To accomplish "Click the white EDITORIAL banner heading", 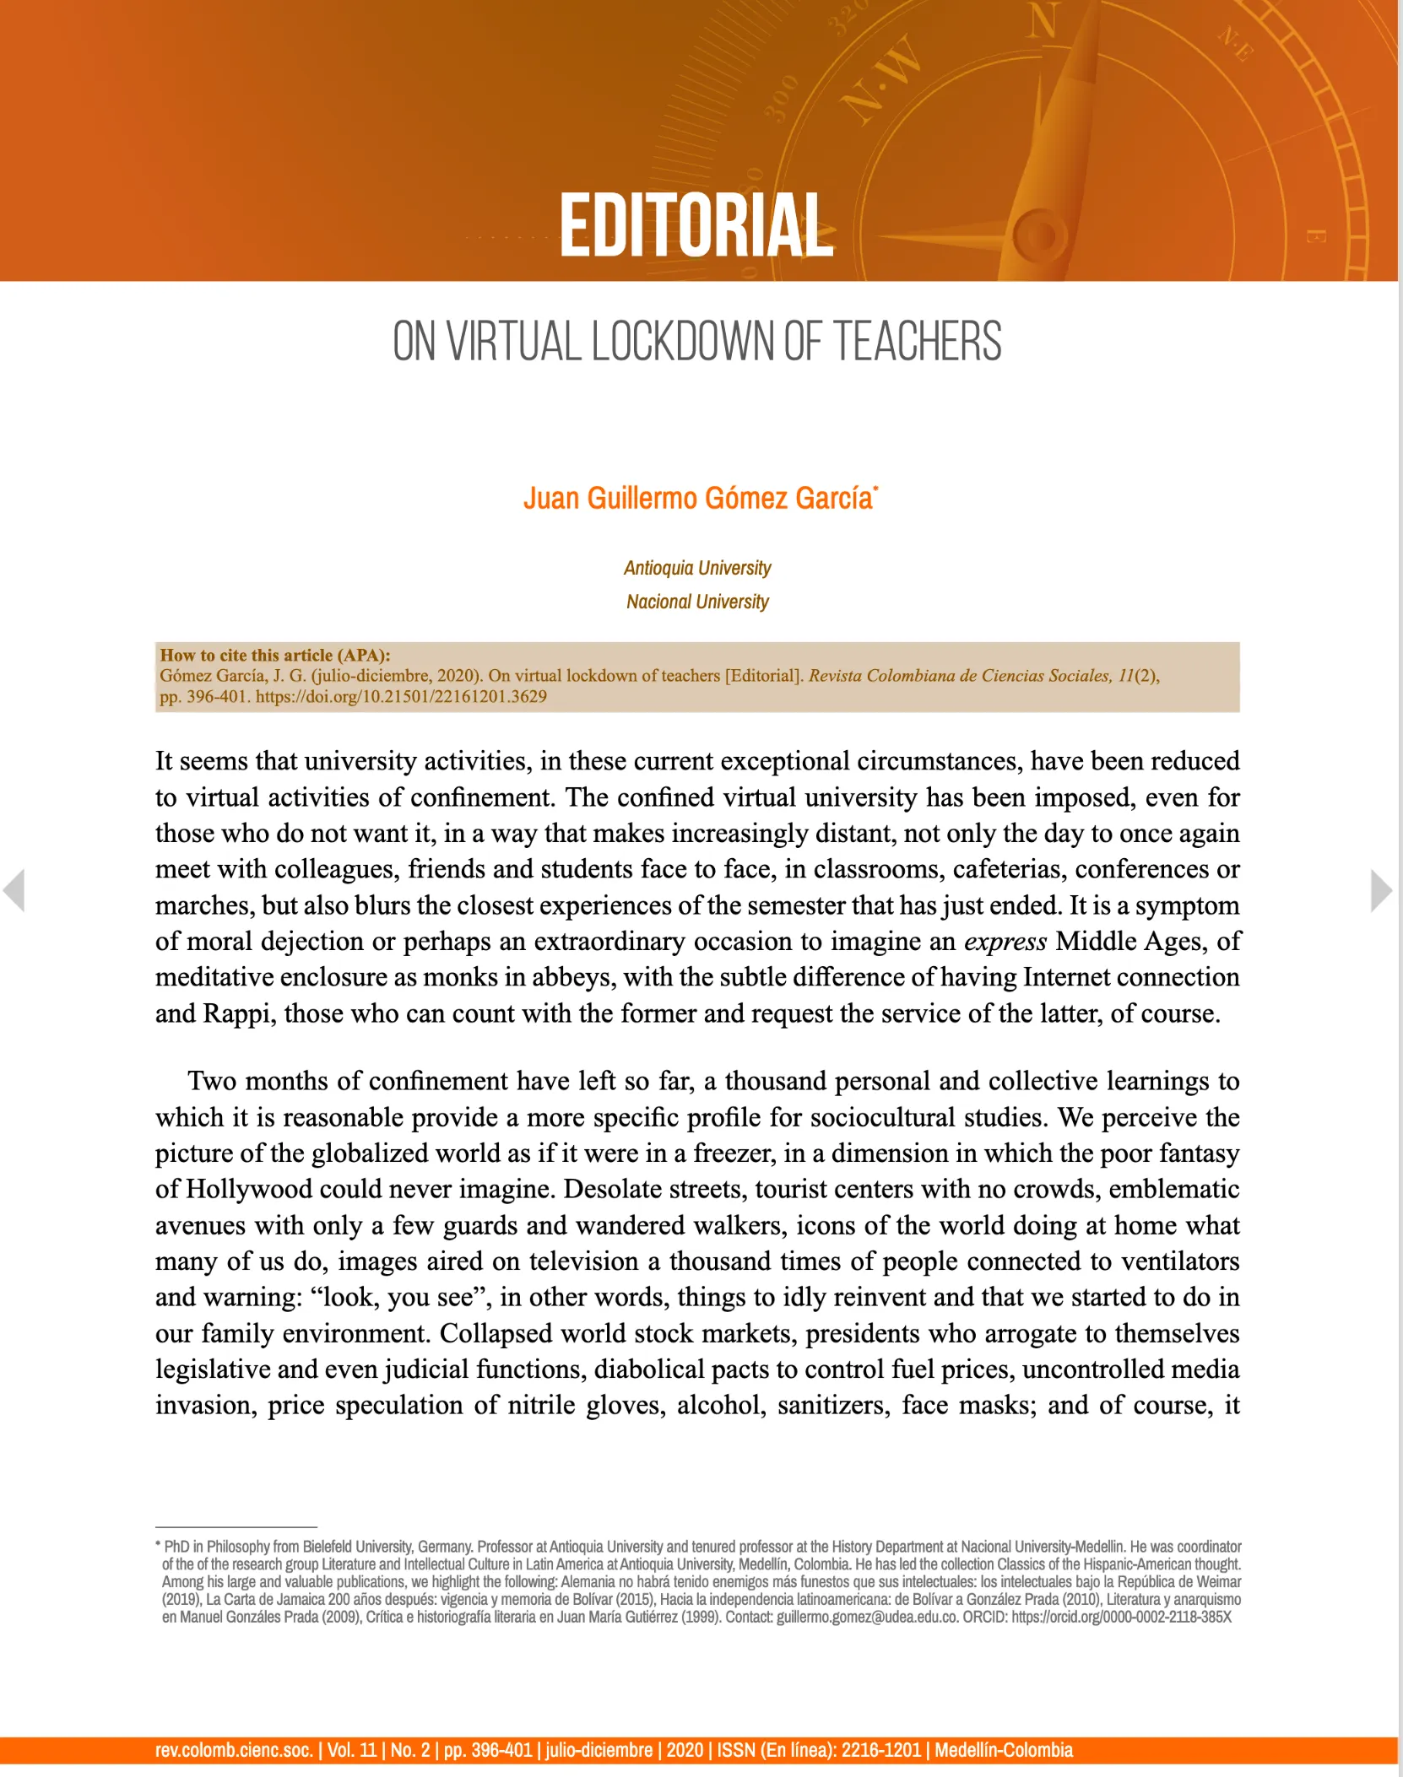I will pos(696,225).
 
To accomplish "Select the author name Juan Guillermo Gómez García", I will pos(698,499).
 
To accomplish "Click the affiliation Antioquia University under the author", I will pos(697,568).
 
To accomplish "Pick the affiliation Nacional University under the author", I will pos(697,602).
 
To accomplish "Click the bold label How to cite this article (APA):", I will pos(275,655).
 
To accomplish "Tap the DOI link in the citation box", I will pos(401,697).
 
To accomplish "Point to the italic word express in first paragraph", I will pos(1005,941).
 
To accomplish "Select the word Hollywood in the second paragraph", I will pos(245,1189).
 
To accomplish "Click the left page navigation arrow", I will pos(14,890).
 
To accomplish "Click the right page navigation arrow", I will pos(1381,890).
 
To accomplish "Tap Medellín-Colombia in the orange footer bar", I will pos(1004,1750).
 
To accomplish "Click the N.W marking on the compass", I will pos(881,81).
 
